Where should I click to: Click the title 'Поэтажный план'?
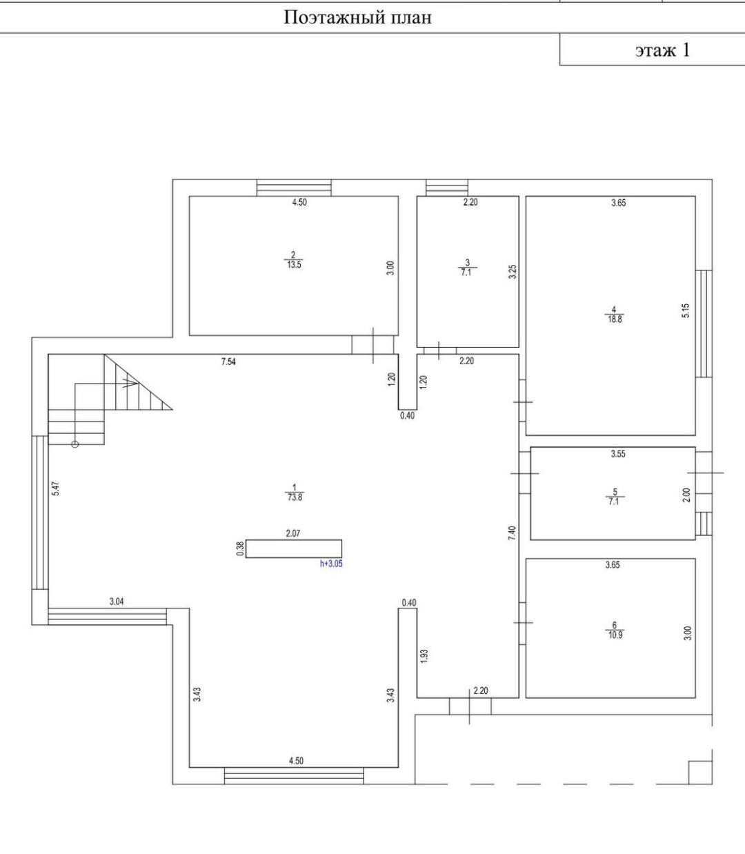[x=358, y=18]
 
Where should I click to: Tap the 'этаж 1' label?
[x=662, y=50]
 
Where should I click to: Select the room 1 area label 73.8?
[x=295, y=497]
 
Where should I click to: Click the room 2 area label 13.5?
[x=294, y=264]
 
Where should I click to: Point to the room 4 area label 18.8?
[x=615, y=319]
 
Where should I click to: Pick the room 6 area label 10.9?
[x=615, y=635]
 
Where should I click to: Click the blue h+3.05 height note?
[x=331, y=564]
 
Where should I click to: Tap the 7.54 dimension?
[x=228, y=361]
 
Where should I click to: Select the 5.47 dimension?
[x=56, y=489]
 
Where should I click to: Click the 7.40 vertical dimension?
[x=512, y=533]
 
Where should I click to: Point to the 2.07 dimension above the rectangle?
[x=293, y=533]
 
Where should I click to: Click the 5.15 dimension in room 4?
[x=686, y=310]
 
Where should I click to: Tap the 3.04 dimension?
[x=117, y=602]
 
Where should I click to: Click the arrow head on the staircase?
[x=132, y=383]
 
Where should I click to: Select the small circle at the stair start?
[x=75, y=444]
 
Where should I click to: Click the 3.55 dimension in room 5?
[x=618, y=454]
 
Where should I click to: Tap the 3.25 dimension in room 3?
[x=513, y=272]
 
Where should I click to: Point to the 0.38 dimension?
[x=240, y=548]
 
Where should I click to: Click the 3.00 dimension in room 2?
[x=390, y=268]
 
